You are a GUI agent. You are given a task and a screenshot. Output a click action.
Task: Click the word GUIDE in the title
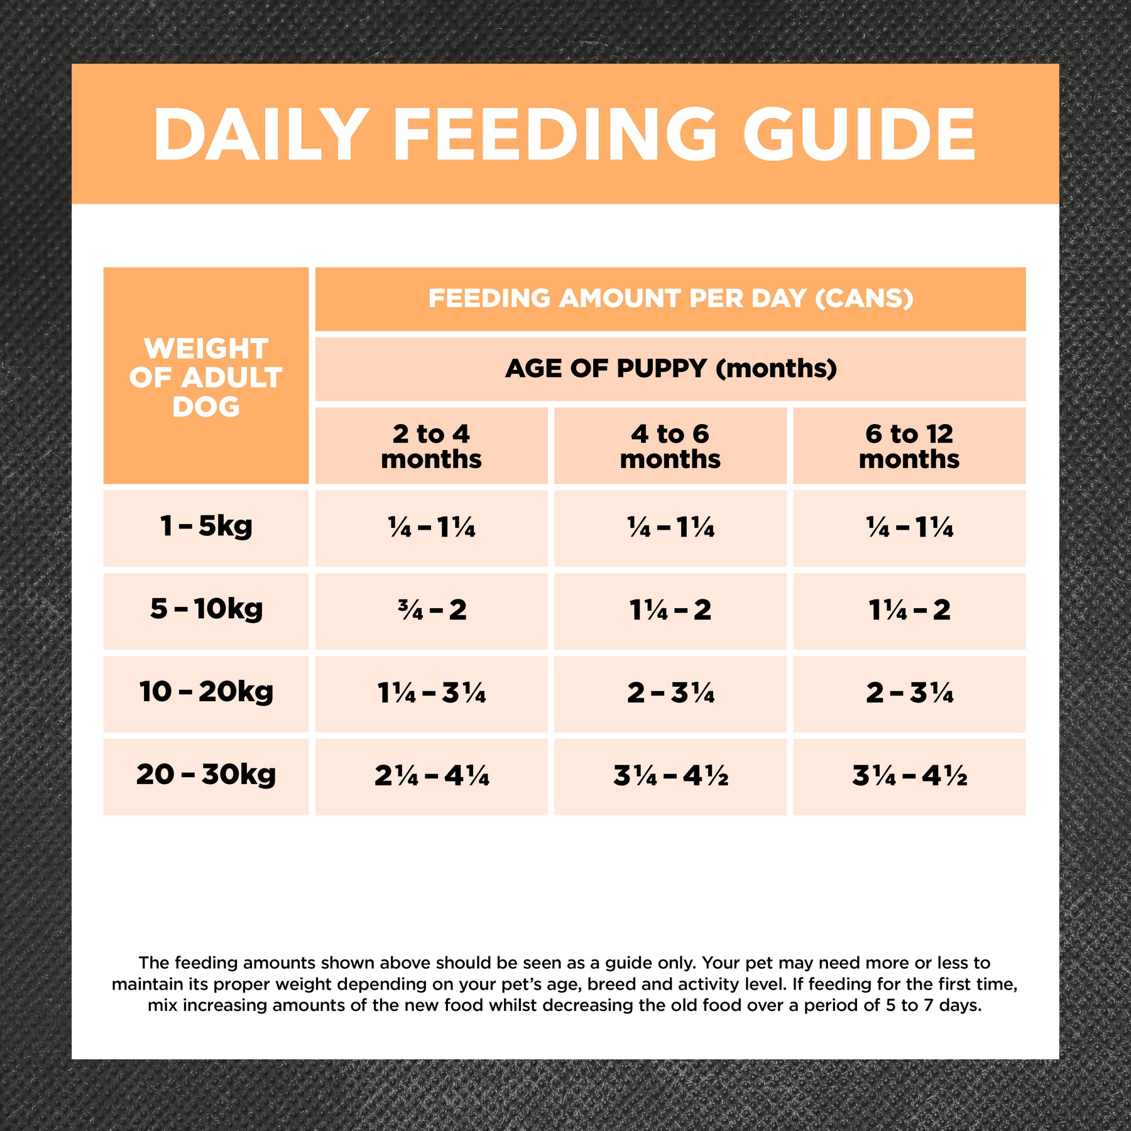(859, 134)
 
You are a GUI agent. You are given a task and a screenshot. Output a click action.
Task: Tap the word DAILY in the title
(261, 134)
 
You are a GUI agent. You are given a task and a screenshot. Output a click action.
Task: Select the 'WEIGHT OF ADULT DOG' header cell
(206, 376)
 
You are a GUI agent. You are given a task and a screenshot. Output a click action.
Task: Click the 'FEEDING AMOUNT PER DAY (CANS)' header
(670, 298)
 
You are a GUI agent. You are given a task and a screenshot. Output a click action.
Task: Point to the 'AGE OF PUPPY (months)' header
(670, 369)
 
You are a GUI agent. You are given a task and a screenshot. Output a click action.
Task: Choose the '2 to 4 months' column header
(431, 446)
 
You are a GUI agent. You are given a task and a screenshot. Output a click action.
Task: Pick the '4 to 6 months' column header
(670, 446)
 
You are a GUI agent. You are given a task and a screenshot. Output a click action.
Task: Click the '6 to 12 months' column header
(909, 446)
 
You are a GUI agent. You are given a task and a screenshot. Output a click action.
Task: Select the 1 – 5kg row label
(206, 527)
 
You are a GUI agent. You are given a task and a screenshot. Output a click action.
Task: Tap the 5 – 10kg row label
(206, 609)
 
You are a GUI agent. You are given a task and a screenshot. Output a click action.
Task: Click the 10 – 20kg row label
(206, 692)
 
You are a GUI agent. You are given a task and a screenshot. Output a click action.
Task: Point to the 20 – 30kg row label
(206, 775)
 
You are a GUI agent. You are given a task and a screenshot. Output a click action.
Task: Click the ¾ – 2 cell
(432, 610)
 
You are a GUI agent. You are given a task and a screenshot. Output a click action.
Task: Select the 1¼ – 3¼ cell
(432, 693)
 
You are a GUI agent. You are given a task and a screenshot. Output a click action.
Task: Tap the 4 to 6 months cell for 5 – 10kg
(670, 610)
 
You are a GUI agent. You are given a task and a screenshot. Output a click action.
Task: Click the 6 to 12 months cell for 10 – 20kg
(909, 693)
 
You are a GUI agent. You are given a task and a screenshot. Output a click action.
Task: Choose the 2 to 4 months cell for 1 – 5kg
(432, 527)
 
